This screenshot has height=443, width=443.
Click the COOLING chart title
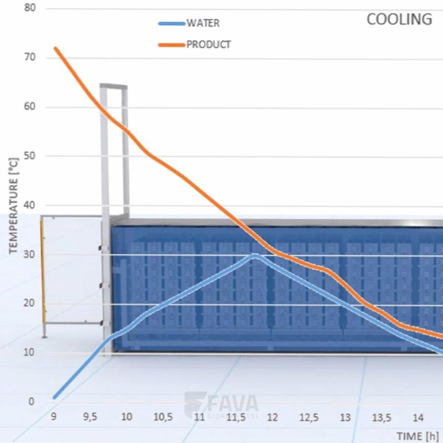point(399,19)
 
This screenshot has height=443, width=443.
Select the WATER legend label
point(203,23)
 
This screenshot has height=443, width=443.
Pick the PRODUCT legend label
point(208,44)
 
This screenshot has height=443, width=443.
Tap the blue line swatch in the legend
point(171,24)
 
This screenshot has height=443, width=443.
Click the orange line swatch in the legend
point(171,45)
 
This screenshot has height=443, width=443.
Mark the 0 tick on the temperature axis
point(32,401)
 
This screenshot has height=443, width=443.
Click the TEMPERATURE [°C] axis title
point(14,205)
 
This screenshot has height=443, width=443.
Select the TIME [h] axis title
point(416,435)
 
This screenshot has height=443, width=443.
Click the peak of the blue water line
point(255,255)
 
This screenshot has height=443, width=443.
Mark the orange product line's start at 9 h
point(55,48)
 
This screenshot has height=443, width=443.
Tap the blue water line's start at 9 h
point(54,397)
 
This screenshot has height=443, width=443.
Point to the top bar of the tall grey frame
point(114,86)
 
